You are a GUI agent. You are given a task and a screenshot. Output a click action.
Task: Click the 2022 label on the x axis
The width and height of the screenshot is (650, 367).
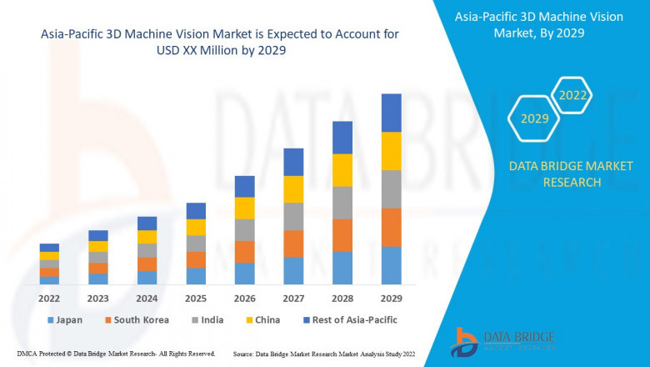pos(49,298)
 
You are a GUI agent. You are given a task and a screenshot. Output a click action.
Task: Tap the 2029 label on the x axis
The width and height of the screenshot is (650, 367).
pos(391,298)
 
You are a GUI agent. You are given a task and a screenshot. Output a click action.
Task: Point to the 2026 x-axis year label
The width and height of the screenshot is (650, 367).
pos(244,298)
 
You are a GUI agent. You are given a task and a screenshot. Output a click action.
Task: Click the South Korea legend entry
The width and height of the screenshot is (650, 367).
pos(137,320)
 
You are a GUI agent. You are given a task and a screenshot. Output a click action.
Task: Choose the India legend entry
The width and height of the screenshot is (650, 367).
pos(208,320)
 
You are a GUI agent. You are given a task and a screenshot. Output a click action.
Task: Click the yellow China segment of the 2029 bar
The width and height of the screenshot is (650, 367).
pos(391,151)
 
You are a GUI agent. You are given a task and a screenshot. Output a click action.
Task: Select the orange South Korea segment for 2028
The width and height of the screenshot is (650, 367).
pos(342,235)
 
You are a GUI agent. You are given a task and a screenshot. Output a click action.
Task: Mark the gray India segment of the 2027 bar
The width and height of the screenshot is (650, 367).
pos(293,216)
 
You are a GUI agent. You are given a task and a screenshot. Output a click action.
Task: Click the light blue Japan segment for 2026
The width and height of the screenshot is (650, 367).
pos(244,274)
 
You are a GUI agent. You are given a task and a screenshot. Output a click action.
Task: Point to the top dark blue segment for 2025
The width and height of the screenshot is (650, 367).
pos(196,210)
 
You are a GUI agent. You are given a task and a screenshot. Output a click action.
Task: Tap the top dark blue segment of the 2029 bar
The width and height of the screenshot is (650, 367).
pos(391,113)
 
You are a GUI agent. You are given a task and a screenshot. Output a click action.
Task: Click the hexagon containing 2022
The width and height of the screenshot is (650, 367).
pos(572,96)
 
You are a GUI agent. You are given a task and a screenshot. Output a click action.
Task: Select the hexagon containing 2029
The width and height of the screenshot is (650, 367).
pos(534,119)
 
